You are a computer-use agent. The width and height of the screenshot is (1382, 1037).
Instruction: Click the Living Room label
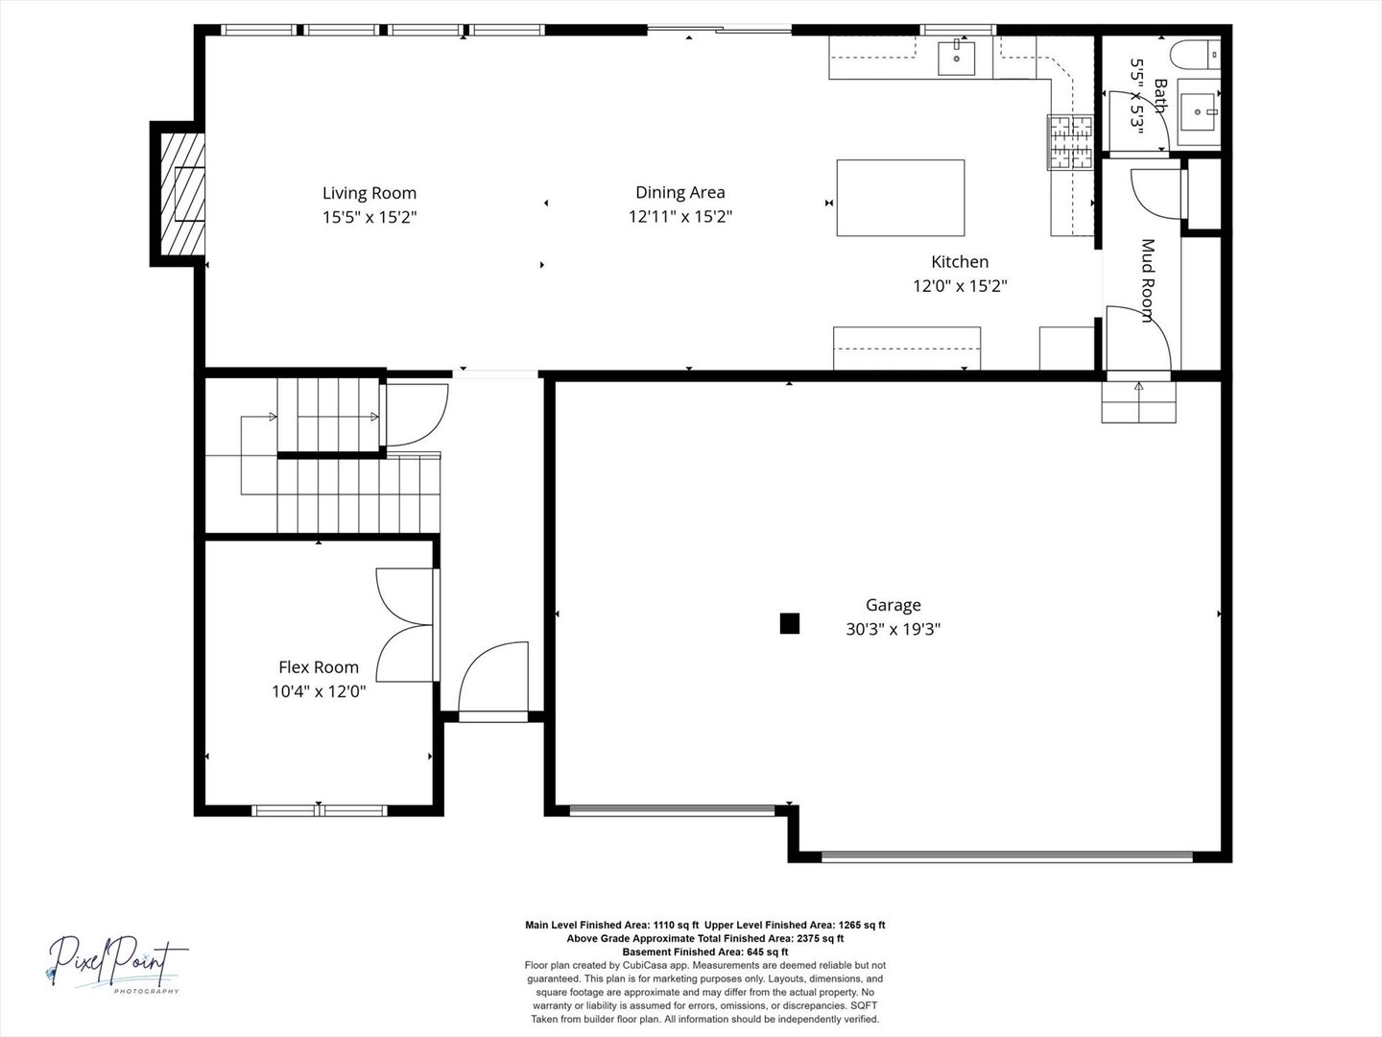tap(369, 193)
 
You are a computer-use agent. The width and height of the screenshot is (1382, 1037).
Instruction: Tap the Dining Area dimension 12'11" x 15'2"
tap(680, 217)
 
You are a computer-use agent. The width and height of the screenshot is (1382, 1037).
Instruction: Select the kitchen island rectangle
tap(900, 198)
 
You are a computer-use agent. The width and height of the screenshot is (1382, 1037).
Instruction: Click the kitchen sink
tap(957, 58)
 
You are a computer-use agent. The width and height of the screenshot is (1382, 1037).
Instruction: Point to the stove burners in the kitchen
tap(1070, 142)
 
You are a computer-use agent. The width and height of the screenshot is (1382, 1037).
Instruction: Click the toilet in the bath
tap(1196, 54)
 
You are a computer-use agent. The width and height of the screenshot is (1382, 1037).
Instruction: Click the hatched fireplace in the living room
tap(182, 194)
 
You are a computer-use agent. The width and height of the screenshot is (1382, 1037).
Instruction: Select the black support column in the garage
tap(790, 623)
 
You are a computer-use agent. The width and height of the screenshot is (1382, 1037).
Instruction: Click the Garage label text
tap(893, 605)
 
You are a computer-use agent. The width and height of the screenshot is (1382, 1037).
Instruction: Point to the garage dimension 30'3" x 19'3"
tap(893, 629)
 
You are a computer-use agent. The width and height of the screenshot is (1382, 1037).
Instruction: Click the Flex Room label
tap(319, 666)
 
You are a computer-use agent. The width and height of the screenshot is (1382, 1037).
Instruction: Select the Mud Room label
tap(1149, 280)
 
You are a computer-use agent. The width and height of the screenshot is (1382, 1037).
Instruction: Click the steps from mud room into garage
tap(1138, 401)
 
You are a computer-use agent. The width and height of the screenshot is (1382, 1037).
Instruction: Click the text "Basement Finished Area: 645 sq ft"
tap(705, 952)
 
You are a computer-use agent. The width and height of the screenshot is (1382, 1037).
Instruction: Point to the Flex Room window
tap(320, 810)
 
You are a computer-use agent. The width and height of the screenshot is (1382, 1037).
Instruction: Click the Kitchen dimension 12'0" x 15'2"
tap(960, 286)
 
